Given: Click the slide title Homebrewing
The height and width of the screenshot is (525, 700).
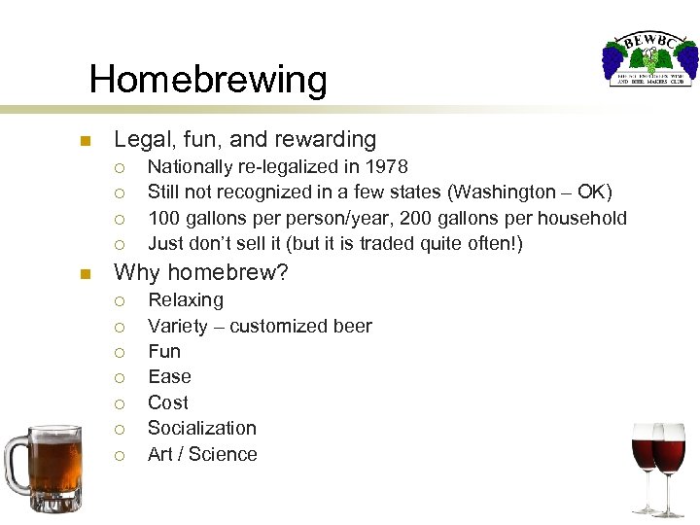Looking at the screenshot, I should (x=208, y=79).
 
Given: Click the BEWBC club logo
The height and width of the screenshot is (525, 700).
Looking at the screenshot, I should (x=649, y=60).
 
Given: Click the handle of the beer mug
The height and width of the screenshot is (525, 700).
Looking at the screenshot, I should (x=16, y=462).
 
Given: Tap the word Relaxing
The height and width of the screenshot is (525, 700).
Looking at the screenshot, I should (x=185, y=300).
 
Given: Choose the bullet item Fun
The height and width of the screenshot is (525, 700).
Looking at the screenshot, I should (x=164, y=351).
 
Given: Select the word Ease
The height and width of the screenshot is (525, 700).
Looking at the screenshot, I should (x=169, y=377).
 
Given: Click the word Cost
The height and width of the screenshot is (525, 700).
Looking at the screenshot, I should (x=167, y=402).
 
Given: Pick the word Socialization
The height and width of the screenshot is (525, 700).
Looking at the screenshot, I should (x=201, y=428).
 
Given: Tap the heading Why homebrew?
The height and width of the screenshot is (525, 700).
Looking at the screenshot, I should (x=201, y=273).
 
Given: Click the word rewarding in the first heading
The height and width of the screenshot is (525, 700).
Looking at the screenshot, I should (x=326, y=140).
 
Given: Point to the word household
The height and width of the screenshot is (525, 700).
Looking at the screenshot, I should (x=580, y=218).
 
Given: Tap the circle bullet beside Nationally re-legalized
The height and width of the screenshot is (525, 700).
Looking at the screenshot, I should (x=120, y=168).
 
